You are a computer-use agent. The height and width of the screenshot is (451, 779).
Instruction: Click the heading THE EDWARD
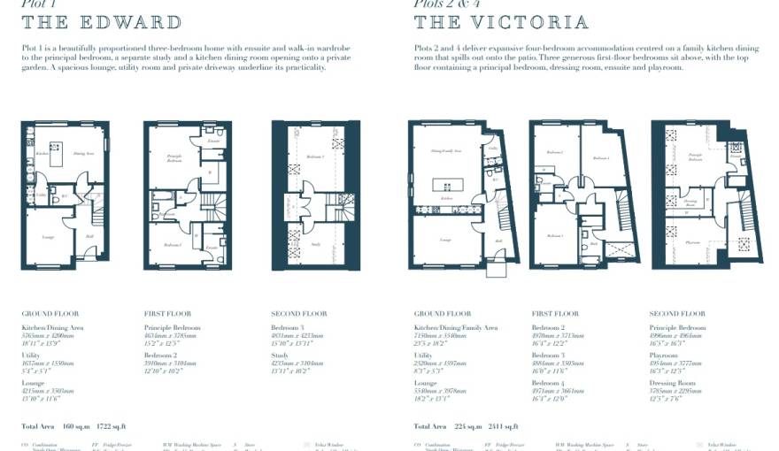102,22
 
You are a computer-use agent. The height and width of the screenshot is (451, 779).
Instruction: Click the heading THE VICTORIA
501,22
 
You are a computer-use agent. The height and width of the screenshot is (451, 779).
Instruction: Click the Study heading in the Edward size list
280,355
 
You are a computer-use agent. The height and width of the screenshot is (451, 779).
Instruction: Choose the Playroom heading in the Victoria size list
665,355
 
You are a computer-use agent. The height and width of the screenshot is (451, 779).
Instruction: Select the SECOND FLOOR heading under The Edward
298,314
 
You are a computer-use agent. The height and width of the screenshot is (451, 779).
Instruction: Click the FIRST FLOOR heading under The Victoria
556,314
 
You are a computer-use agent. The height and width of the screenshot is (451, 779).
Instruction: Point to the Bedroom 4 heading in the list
548,384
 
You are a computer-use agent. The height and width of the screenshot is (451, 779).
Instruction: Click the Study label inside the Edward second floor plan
315,245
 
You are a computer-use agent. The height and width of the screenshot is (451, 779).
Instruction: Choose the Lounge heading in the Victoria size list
427,384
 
